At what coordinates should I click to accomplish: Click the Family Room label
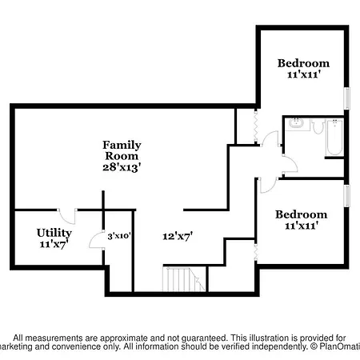[x=122, y=150]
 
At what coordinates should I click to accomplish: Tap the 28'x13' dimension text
[x=122, y=167]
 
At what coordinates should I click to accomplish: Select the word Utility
[x=54, y=233]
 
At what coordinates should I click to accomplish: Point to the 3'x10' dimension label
[x=119, y=236]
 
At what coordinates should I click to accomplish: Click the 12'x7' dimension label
[x=178, y=236]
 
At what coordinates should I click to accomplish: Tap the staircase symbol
[x=184, y=279]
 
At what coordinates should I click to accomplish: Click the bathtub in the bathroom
[x=334, y=137]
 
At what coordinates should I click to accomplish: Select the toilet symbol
[x=318, y=126]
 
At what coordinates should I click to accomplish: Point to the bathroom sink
[x=297, y=124]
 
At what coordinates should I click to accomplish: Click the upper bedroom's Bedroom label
[x=303, y=63]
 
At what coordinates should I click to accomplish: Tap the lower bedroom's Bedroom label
[x=302, y=214]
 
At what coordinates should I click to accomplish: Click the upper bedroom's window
[x=347, y=98]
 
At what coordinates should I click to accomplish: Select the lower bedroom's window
[x=347, y=196]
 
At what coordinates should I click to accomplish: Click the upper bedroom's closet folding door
[x=256, y=127]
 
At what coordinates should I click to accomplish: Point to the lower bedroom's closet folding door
[x=256, y=252]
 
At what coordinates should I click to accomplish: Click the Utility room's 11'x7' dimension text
[x=54, y=244]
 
